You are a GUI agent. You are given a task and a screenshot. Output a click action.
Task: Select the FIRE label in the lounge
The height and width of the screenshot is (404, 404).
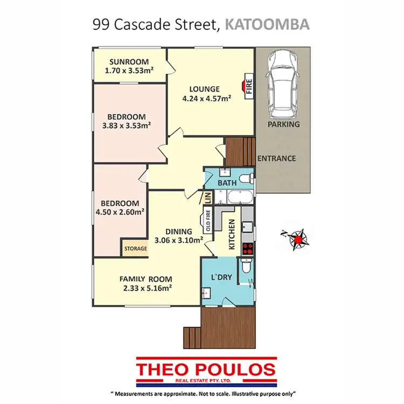[x=249, y=86]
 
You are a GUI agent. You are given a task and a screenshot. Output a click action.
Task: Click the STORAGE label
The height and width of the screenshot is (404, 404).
[x=135, y=248]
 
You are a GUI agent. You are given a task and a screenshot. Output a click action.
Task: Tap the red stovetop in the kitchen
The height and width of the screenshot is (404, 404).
[x=248, y=249]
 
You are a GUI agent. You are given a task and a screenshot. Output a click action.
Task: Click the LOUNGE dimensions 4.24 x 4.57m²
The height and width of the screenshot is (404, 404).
[x=206, y=98]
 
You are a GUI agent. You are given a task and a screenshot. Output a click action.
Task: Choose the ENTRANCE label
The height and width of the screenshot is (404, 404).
[x=276, y=158]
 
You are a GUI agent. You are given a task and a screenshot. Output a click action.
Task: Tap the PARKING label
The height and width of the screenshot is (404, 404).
[x=283, y=124]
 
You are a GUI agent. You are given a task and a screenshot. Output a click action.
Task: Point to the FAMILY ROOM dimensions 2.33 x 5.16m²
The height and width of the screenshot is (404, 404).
[x=147, y=288]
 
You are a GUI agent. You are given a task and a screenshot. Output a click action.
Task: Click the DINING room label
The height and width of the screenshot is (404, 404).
[x=178, y=232]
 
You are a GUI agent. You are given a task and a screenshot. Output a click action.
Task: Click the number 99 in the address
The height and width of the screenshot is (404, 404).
[x=100, y=24]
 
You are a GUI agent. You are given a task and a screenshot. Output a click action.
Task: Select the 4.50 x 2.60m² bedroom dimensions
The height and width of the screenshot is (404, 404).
[x=119, y=212]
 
